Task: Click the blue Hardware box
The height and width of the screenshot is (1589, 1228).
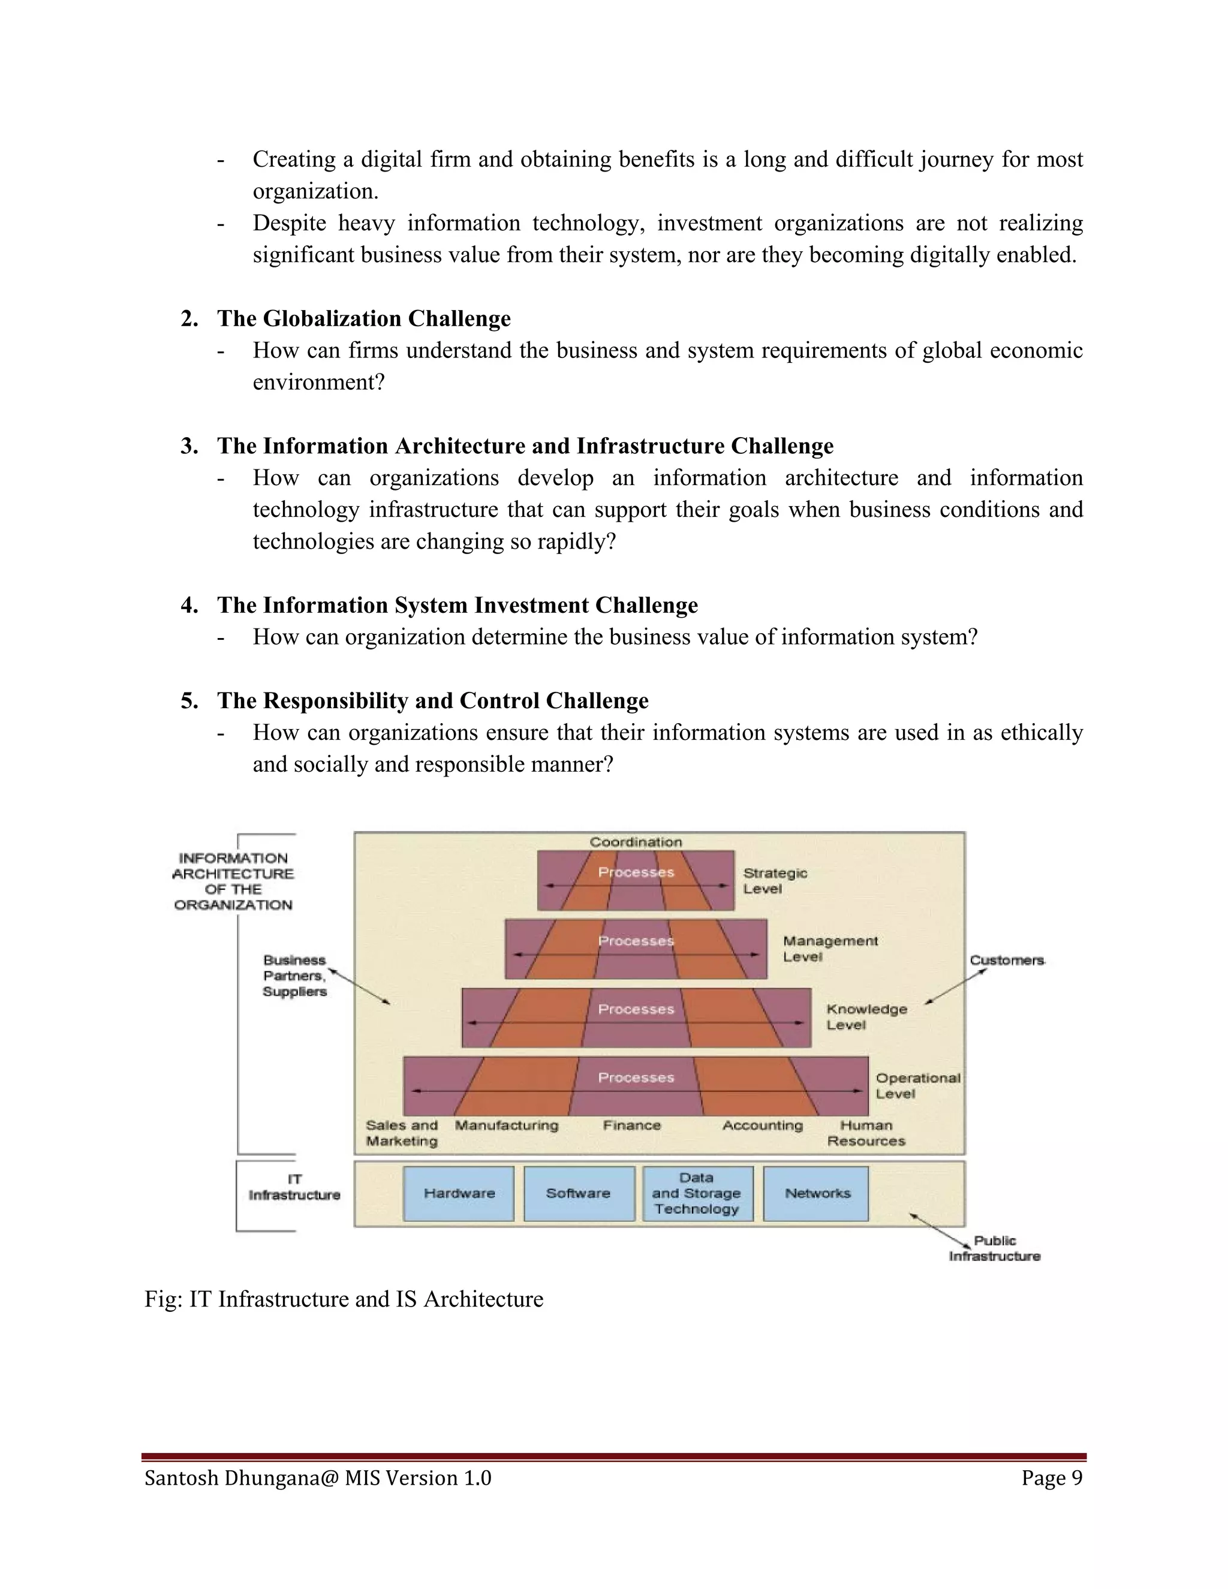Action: (458, 1193)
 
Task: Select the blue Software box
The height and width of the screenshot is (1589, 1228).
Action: (579, 1193)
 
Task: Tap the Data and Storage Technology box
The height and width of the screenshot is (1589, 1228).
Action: (697, 1193)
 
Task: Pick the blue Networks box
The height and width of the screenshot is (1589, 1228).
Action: (816, 1193)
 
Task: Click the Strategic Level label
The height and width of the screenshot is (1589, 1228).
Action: (775, 880)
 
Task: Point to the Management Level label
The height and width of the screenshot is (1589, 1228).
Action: (830, 949)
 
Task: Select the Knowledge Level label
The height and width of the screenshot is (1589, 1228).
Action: (866, 1017)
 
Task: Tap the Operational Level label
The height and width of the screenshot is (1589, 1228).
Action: (917, 1085)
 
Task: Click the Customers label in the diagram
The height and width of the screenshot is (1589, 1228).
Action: (1007, 961)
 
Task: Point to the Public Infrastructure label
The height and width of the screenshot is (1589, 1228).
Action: (995, 1248)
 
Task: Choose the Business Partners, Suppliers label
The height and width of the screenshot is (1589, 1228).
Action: (294, 976)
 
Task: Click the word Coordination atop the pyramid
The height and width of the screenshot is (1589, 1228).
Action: (636, 842)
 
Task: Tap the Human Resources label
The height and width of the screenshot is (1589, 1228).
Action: (866, 1133)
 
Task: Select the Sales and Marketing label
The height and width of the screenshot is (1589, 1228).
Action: (402, 1133)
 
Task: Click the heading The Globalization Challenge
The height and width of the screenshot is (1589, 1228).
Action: (364, 318)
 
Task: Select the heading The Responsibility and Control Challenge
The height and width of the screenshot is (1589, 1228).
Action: (433, 700)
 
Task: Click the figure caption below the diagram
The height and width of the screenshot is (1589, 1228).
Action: (344, 1299)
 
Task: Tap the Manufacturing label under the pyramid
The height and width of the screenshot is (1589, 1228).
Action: (506, 1125)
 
